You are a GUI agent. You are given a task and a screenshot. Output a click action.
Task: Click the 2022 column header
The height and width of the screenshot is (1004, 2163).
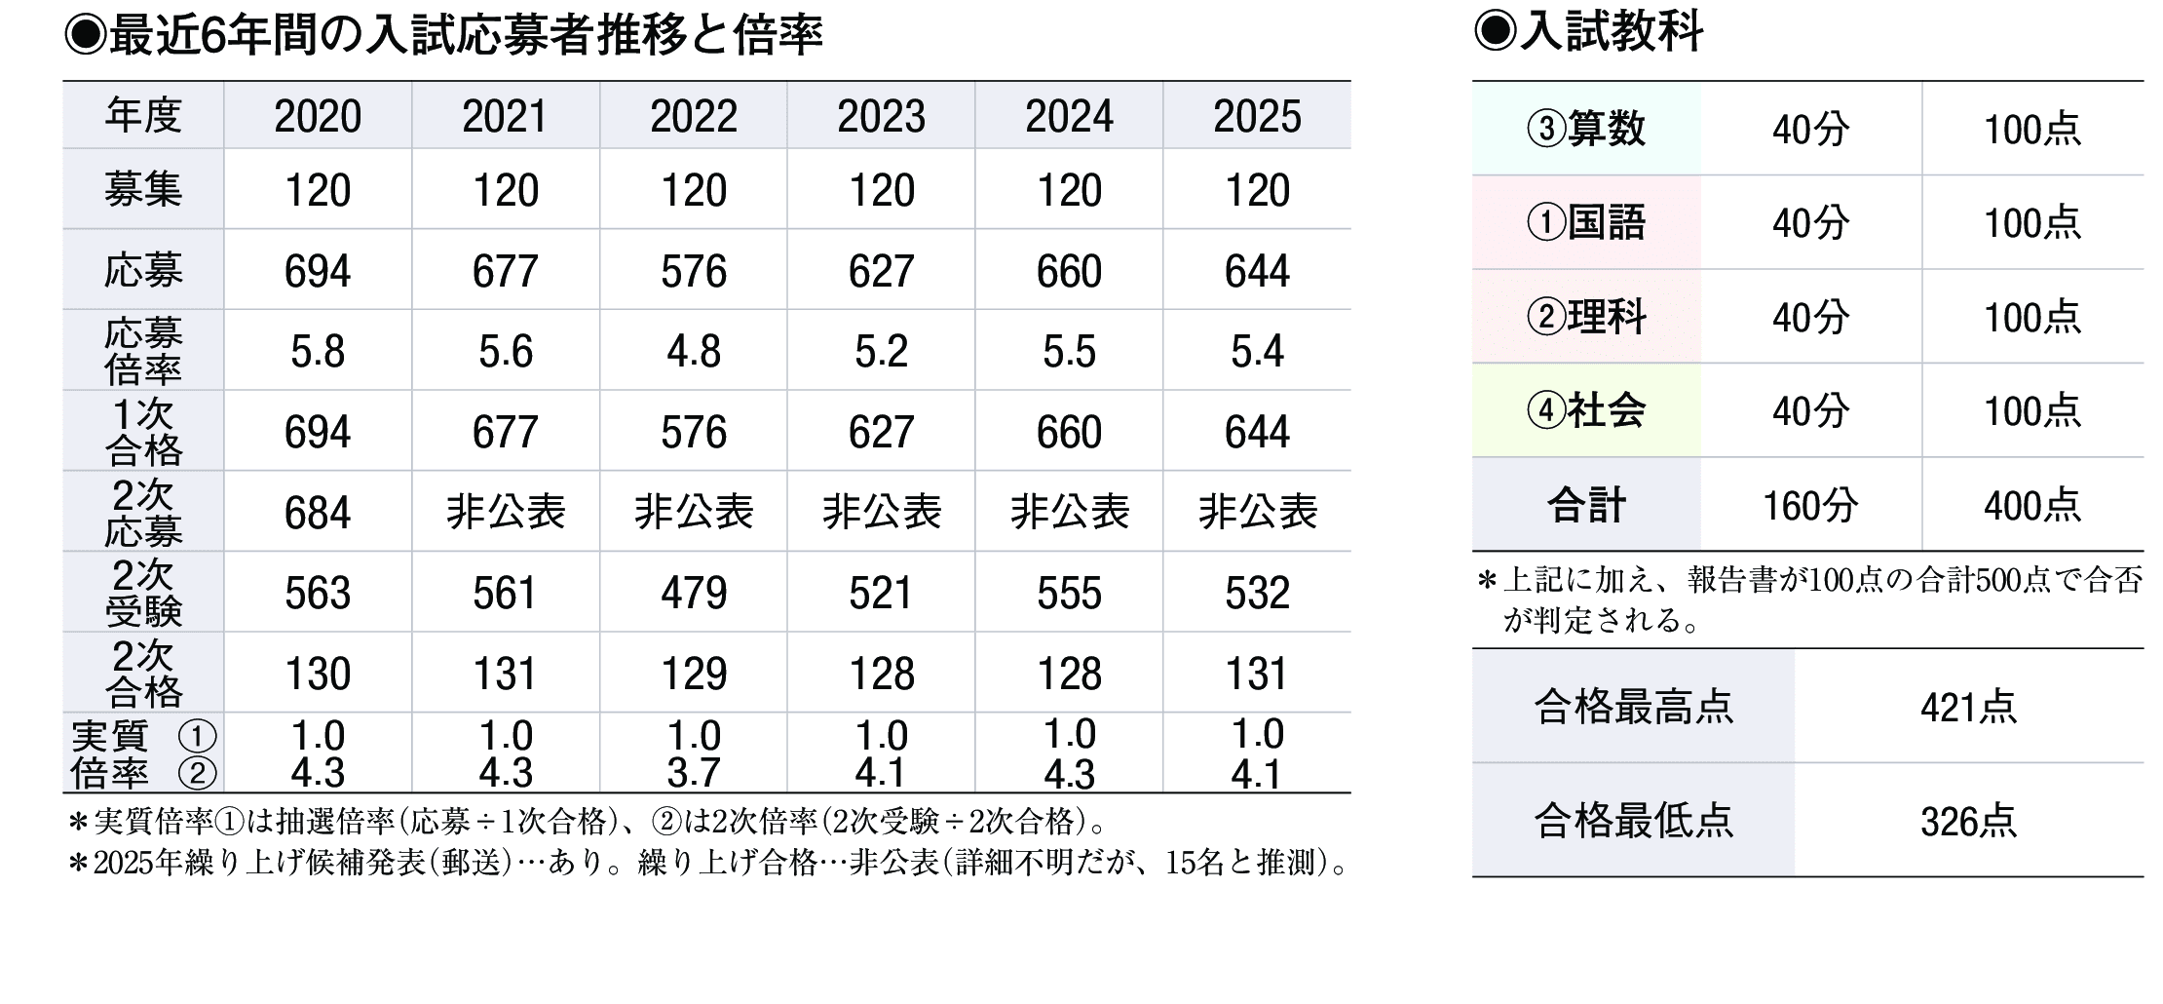pyautogui.click(x=694, y=117)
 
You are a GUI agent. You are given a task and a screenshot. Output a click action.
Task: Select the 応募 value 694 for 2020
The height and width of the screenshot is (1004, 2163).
pyautogui.click(x=318, y=271)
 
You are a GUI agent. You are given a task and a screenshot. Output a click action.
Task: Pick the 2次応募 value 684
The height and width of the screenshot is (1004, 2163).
pyautogui.click(x=318, y=513)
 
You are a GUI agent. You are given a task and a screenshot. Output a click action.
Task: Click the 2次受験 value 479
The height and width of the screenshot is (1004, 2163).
pyautogui.click(x=694, y=594)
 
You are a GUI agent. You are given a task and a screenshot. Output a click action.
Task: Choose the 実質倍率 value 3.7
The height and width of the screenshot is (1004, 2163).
pyautogui.click(x=694, y=773)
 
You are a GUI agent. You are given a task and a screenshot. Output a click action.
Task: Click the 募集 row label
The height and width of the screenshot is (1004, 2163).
pyautogui.click(x=143, y=190)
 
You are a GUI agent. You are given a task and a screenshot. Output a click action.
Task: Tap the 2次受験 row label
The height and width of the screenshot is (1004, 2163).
pyautogui.click(x=143, y=593)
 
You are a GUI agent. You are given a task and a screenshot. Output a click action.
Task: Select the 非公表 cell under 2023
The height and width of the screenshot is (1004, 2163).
pyautogui.click(x=882, y=513)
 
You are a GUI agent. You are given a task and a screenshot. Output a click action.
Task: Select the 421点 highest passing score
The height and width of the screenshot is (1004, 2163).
pyautogui.click(x=1968, y=708)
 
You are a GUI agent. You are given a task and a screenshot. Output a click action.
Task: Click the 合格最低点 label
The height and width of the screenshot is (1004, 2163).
pyautogui.click(x=1634, y=821)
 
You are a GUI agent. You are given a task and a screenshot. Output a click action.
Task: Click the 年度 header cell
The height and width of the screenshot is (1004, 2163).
pyautogui.click(x=143, y=116)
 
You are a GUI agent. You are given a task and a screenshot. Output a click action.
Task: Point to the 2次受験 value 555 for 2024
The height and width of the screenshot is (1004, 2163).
pyautogui.click(x=1069, y=594)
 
